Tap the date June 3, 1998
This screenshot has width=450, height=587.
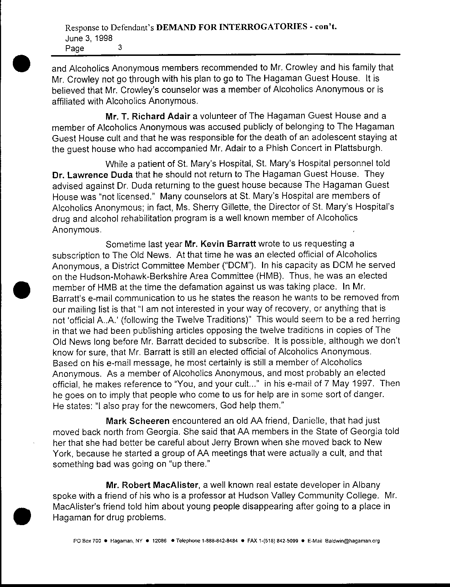[x=89, y=38]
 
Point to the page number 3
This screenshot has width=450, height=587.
[x=120, y=47]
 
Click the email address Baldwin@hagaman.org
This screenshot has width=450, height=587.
[x=352, y=541]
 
